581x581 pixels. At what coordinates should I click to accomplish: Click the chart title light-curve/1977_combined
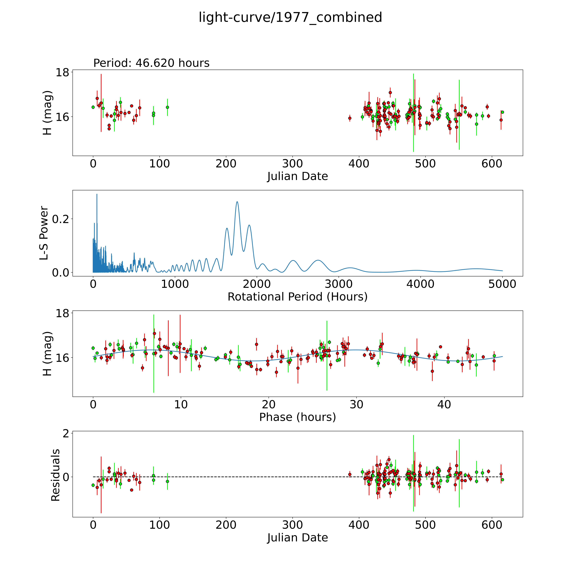tap(290, 17)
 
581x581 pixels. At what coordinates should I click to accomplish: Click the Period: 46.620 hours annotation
tap(151, 63)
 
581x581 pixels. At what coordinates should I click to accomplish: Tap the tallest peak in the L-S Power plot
tap(97, 194)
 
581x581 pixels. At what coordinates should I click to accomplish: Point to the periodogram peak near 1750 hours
tap(237, 202)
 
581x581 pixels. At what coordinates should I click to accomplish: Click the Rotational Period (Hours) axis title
tap(297, 297)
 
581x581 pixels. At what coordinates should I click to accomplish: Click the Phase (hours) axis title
tap(297, 417)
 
